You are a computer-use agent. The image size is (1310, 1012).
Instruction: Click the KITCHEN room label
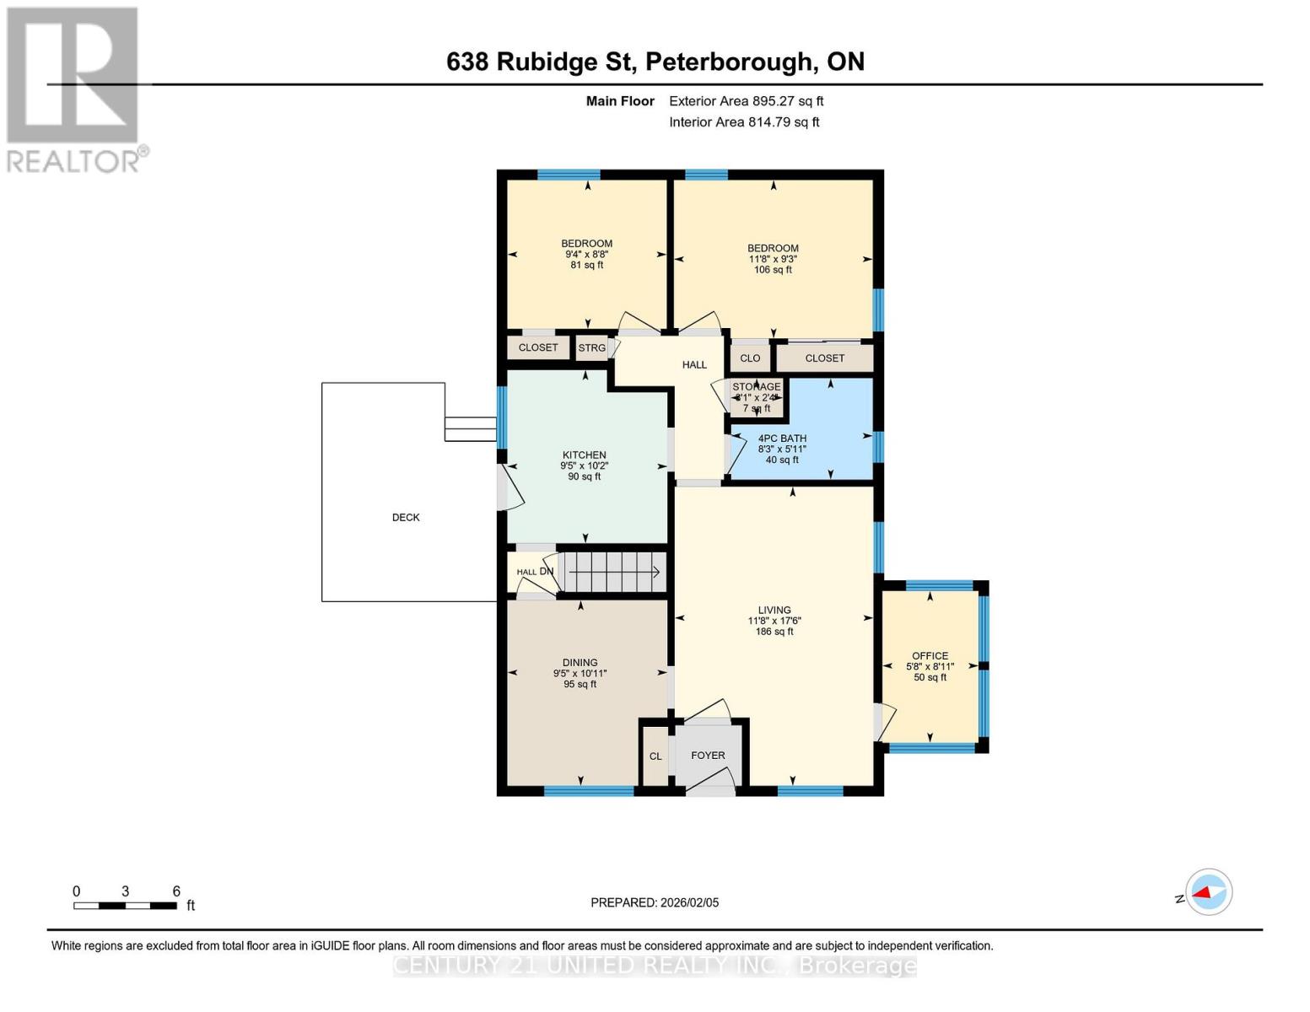coord(584,455)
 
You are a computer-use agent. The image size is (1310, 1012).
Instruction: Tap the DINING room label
coord(580,663)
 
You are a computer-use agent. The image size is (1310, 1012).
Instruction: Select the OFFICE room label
coord(930,656)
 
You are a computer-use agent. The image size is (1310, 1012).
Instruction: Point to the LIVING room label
coord(774,611)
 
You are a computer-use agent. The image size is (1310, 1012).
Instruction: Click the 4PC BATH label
coord(782,439)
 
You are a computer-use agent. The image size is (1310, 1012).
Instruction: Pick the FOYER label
coord(708,756)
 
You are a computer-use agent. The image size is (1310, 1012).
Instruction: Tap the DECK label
coord(406,518)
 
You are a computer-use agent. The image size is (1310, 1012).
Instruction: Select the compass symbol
coord(1208,892)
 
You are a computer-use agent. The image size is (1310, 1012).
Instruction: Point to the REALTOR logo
coord(74,89)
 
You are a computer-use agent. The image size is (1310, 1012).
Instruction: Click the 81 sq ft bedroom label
coord(587,254)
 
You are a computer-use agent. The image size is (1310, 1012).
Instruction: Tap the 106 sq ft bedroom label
coord(773,259)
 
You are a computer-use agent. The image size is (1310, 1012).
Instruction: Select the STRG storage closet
coord(592,348)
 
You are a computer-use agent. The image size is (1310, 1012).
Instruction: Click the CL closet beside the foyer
coord(655,756)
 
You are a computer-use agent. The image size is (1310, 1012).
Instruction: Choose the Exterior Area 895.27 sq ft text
coord(746,101)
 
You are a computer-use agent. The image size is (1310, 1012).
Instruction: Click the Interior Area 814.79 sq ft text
coord(744,122)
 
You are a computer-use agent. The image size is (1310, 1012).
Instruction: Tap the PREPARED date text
coord(655,902)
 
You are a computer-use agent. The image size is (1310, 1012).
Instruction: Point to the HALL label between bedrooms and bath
coord(694,365)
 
